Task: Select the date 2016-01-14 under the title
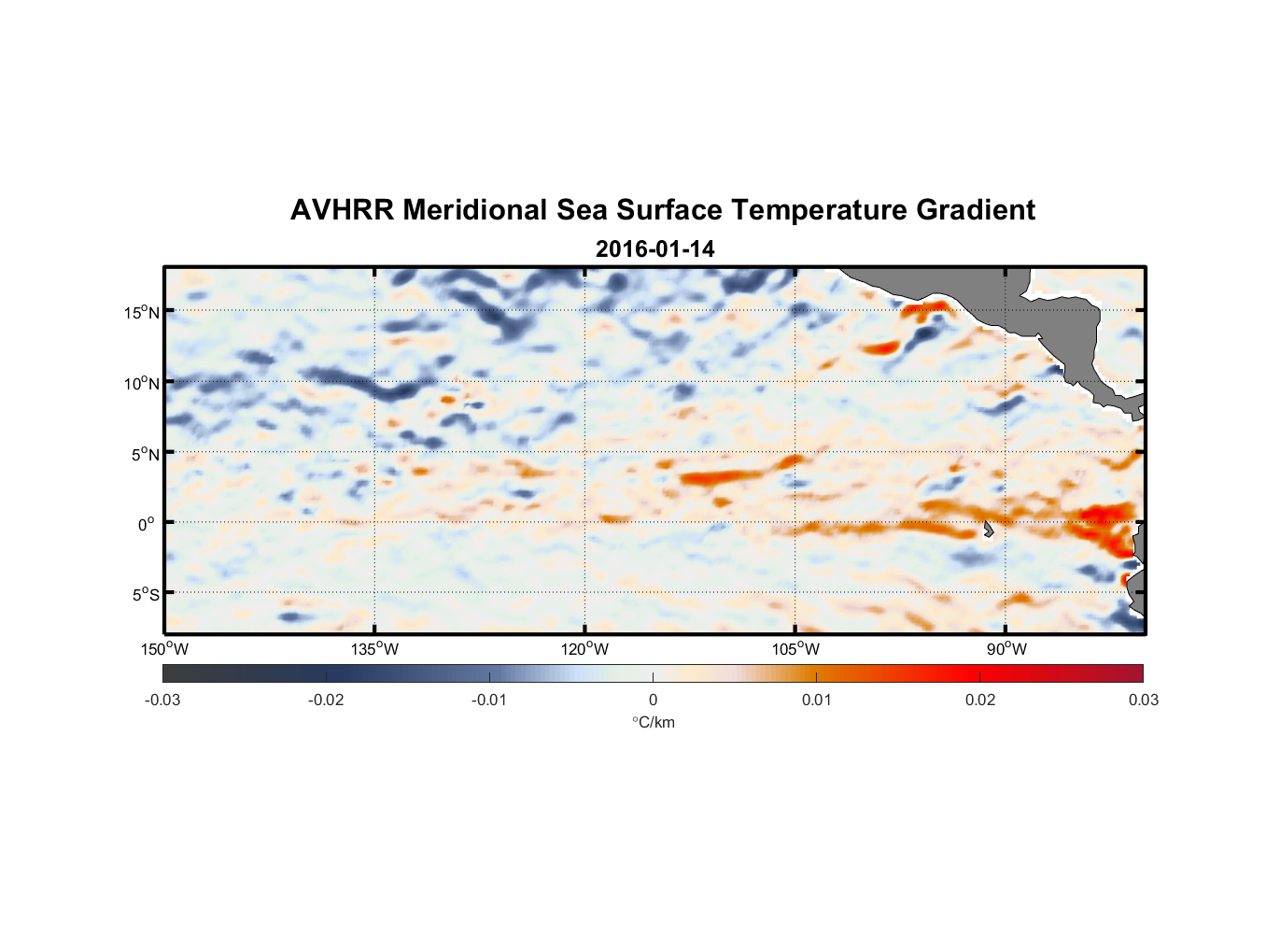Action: [654, 249]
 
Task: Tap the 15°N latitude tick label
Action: [142, 312]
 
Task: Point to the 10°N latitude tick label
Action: [142, 383]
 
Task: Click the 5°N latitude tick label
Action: [145, 454]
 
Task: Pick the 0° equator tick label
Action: [146, 525]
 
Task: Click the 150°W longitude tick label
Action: [164, 649]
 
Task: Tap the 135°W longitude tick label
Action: [374, 649]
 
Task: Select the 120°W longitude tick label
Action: [584, 649]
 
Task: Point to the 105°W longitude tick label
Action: [795, 649]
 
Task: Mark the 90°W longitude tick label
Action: [1006, 649]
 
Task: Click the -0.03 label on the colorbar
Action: [162, 700]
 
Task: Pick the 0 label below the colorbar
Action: [653, 700]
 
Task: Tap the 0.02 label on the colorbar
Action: [979, 700]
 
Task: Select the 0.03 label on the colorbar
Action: [1143, 700]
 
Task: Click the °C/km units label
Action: [653, 722]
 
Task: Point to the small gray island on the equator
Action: [988, 530]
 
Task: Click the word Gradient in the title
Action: [976, 210]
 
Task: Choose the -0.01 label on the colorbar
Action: [489, 700]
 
